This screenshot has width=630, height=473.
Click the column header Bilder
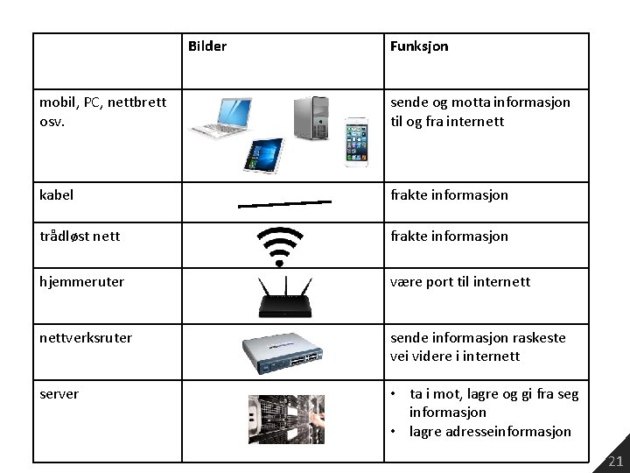pos(206,46)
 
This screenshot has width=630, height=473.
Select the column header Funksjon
pos(419,46)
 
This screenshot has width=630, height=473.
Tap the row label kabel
pos(57,194)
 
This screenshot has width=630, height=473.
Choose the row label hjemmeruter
pos(81,282)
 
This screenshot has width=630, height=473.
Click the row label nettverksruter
pos(86,337)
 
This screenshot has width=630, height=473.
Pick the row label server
pos(59,393)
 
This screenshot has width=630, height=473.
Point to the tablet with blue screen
pos(263,155)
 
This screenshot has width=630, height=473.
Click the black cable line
pos(285,204)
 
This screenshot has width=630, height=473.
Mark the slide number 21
pos(615,462)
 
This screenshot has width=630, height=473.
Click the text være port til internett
pos(460,282)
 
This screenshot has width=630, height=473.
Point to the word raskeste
pos(535,337)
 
